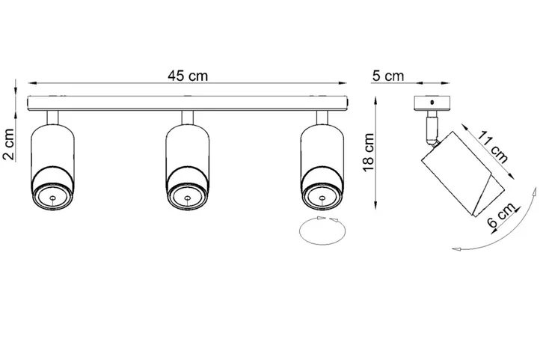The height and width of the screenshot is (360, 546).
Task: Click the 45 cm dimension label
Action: click(x=187, y=76)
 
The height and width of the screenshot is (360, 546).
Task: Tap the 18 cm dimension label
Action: click(x=366, y=153)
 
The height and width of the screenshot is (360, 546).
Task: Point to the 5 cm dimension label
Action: click(x=387, y=76)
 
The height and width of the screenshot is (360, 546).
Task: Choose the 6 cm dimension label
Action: click(x=500, y=218)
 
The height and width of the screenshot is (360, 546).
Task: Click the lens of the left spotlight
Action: click(x=53, y=198)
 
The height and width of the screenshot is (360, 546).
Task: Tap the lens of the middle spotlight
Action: click(x=186, y=198)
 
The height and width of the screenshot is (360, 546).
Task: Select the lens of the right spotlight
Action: click(x=322, y=198)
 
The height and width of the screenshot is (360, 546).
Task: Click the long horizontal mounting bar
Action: click(x=187, y=103)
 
